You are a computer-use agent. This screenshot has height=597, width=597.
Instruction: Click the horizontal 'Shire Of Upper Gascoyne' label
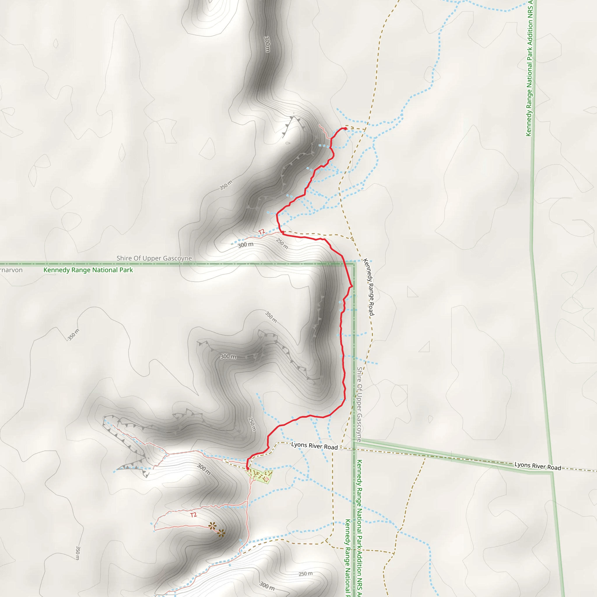154,258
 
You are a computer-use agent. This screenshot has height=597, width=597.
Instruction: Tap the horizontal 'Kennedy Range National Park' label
88,270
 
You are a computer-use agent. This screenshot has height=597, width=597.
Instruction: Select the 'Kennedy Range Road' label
369,287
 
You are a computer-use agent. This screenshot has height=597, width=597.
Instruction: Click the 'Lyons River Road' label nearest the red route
314,446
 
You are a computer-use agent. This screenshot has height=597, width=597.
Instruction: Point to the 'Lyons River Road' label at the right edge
538,466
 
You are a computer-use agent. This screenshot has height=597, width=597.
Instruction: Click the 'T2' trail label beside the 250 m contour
262,232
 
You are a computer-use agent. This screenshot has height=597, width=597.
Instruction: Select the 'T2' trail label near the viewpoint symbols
194,515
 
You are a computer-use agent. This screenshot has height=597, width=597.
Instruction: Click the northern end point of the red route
345,128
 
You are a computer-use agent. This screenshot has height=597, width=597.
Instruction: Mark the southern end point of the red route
247,469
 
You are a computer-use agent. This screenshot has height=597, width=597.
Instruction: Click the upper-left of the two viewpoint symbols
212,525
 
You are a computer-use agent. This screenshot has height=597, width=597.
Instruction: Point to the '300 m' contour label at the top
267,44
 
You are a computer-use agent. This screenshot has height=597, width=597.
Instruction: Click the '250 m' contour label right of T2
282,243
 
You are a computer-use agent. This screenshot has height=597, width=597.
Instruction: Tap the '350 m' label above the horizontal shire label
226,185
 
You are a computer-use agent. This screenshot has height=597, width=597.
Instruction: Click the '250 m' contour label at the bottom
305,574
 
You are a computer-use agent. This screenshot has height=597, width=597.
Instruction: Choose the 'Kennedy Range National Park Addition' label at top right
530,68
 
